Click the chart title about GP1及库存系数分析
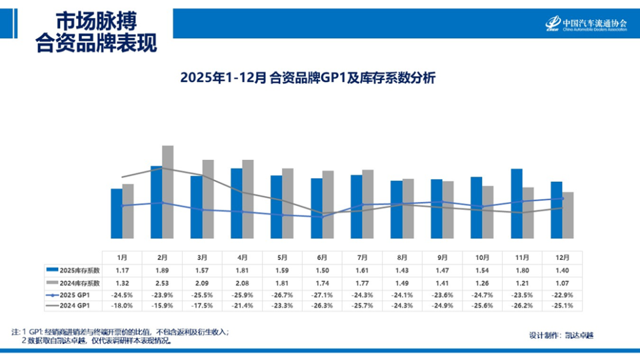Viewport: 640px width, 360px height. pyautogui.click(x=307, y=78)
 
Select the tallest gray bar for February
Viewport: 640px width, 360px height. pyautogui.click(x=167, y=192)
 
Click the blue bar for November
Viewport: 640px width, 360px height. pyautogui.click(x=516, y=203)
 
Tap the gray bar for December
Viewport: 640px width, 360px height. pyautogui.click(x=568, y=215)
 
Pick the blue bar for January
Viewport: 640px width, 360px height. pyautogui.click(x=117, y=213)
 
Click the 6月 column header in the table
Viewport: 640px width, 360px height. pyautogui.click(x=322, y=257)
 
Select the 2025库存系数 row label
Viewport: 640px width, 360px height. pyautogui.click(x=73, y=270)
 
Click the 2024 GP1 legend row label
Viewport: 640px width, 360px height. pyautogui.click(x=73, y=305)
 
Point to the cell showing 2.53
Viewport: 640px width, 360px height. pyautogui.click(x=162, y=282)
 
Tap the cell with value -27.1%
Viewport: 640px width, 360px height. pyautogui.click(x=322, y=294)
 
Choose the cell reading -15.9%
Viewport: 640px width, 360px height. pyautogui.click(x=162, y=305)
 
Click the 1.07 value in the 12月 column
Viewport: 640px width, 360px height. pyautogui.click(x=561, y=282)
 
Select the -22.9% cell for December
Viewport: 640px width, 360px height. pyautogui.click(x=561, y=294)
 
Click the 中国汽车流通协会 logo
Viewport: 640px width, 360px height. pyautogui.click(x=586, y=24)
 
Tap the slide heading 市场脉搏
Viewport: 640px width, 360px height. pyautogui.click(x=97, y=21)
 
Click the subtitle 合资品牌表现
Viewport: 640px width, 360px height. pyautogui.click(x=97, y=44)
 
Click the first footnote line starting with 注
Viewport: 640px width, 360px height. pyautogui.click(x=120, y=331)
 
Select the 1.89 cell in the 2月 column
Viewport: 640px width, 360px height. pyautogui.click(x=162, y=270)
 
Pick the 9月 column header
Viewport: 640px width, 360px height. pyautogui.click(x=442, y=257)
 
